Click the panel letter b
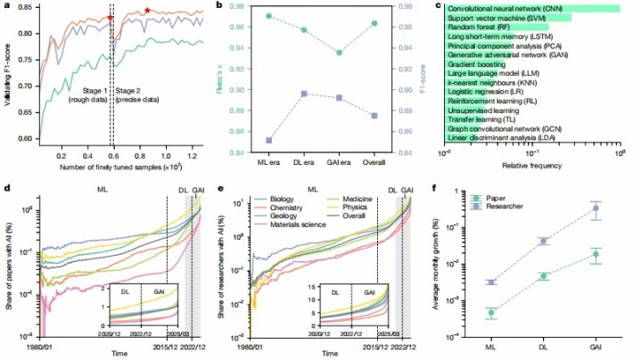[x=219, y=6]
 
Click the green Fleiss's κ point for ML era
[x=269, y=16]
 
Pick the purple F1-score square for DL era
[x=306, y=94]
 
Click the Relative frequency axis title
[x=532, y=167]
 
